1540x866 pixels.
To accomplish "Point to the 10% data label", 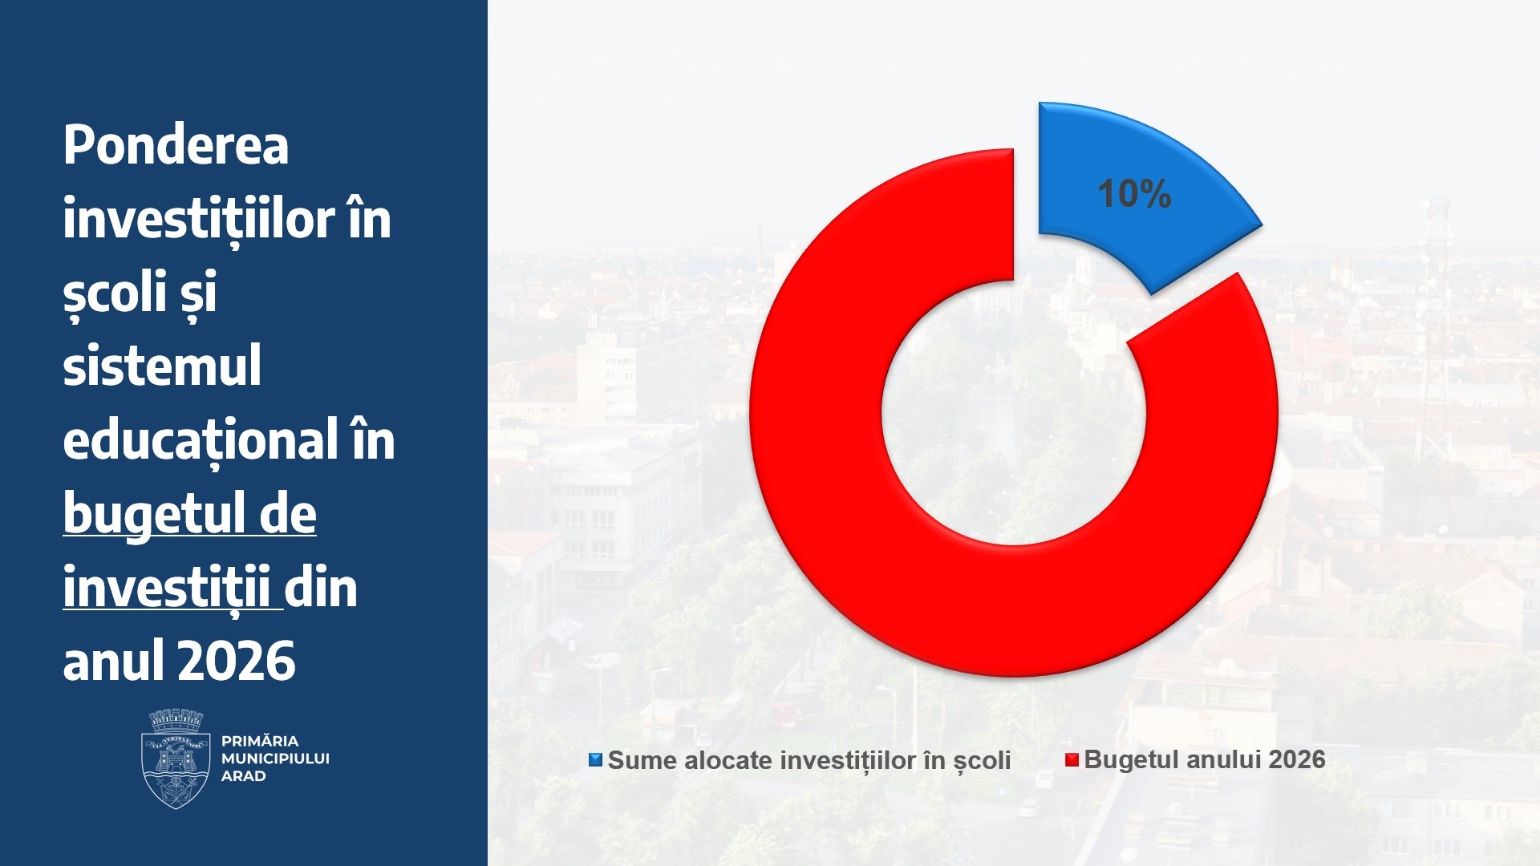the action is coord(1134,194).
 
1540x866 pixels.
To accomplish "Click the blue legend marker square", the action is coord(595,759).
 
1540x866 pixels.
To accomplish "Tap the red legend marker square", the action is coord(1072,760).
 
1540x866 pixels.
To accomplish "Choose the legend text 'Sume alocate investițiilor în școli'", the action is coord(809,760).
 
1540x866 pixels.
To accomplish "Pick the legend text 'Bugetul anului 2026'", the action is coord(1205,759).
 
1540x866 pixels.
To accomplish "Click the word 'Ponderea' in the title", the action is coord(176,145).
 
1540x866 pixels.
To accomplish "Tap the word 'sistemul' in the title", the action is coord(162,366).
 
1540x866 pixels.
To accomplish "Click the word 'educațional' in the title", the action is coord(201,440).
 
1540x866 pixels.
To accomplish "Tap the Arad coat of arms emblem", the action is coord(176,759).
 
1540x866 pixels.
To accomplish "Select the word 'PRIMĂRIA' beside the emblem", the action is coord(259,741).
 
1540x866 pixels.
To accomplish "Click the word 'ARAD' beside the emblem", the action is coord(243,776).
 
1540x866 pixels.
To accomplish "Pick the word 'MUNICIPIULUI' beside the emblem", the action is coord(275,759).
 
